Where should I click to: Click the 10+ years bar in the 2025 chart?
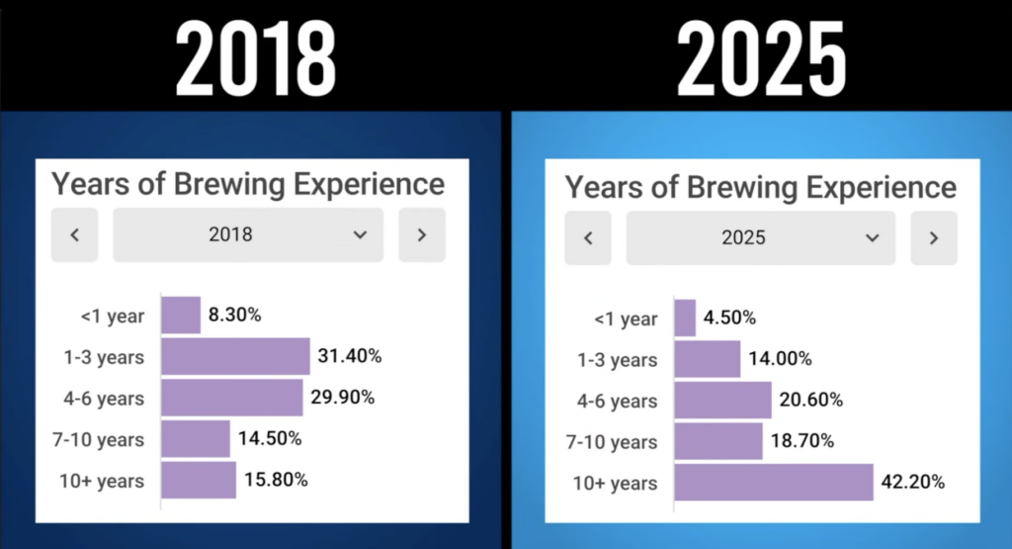coord(774,483)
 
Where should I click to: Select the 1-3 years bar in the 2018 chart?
coord(235,356)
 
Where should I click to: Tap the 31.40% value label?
coord(349,356)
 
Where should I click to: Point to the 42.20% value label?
coord(913,483)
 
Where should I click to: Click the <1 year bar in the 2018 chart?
coord(181,316)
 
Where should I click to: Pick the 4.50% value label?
coord(729,318)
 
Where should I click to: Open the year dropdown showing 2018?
coord(247,234)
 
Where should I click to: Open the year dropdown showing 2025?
coord(760,237)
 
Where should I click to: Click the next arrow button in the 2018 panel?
coord(422,234)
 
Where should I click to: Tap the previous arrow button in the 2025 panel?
coord(588,237)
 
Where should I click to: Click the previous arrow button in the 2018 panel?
coord(75,234)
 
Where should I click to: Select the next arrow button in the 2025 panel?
coord(934,237)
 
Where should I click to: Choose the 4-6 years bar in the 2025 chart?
coord(722,400)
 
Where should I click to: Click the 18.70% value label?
coord(801,441)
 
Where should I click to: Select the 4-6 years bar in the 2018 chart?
coord(232,398)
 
